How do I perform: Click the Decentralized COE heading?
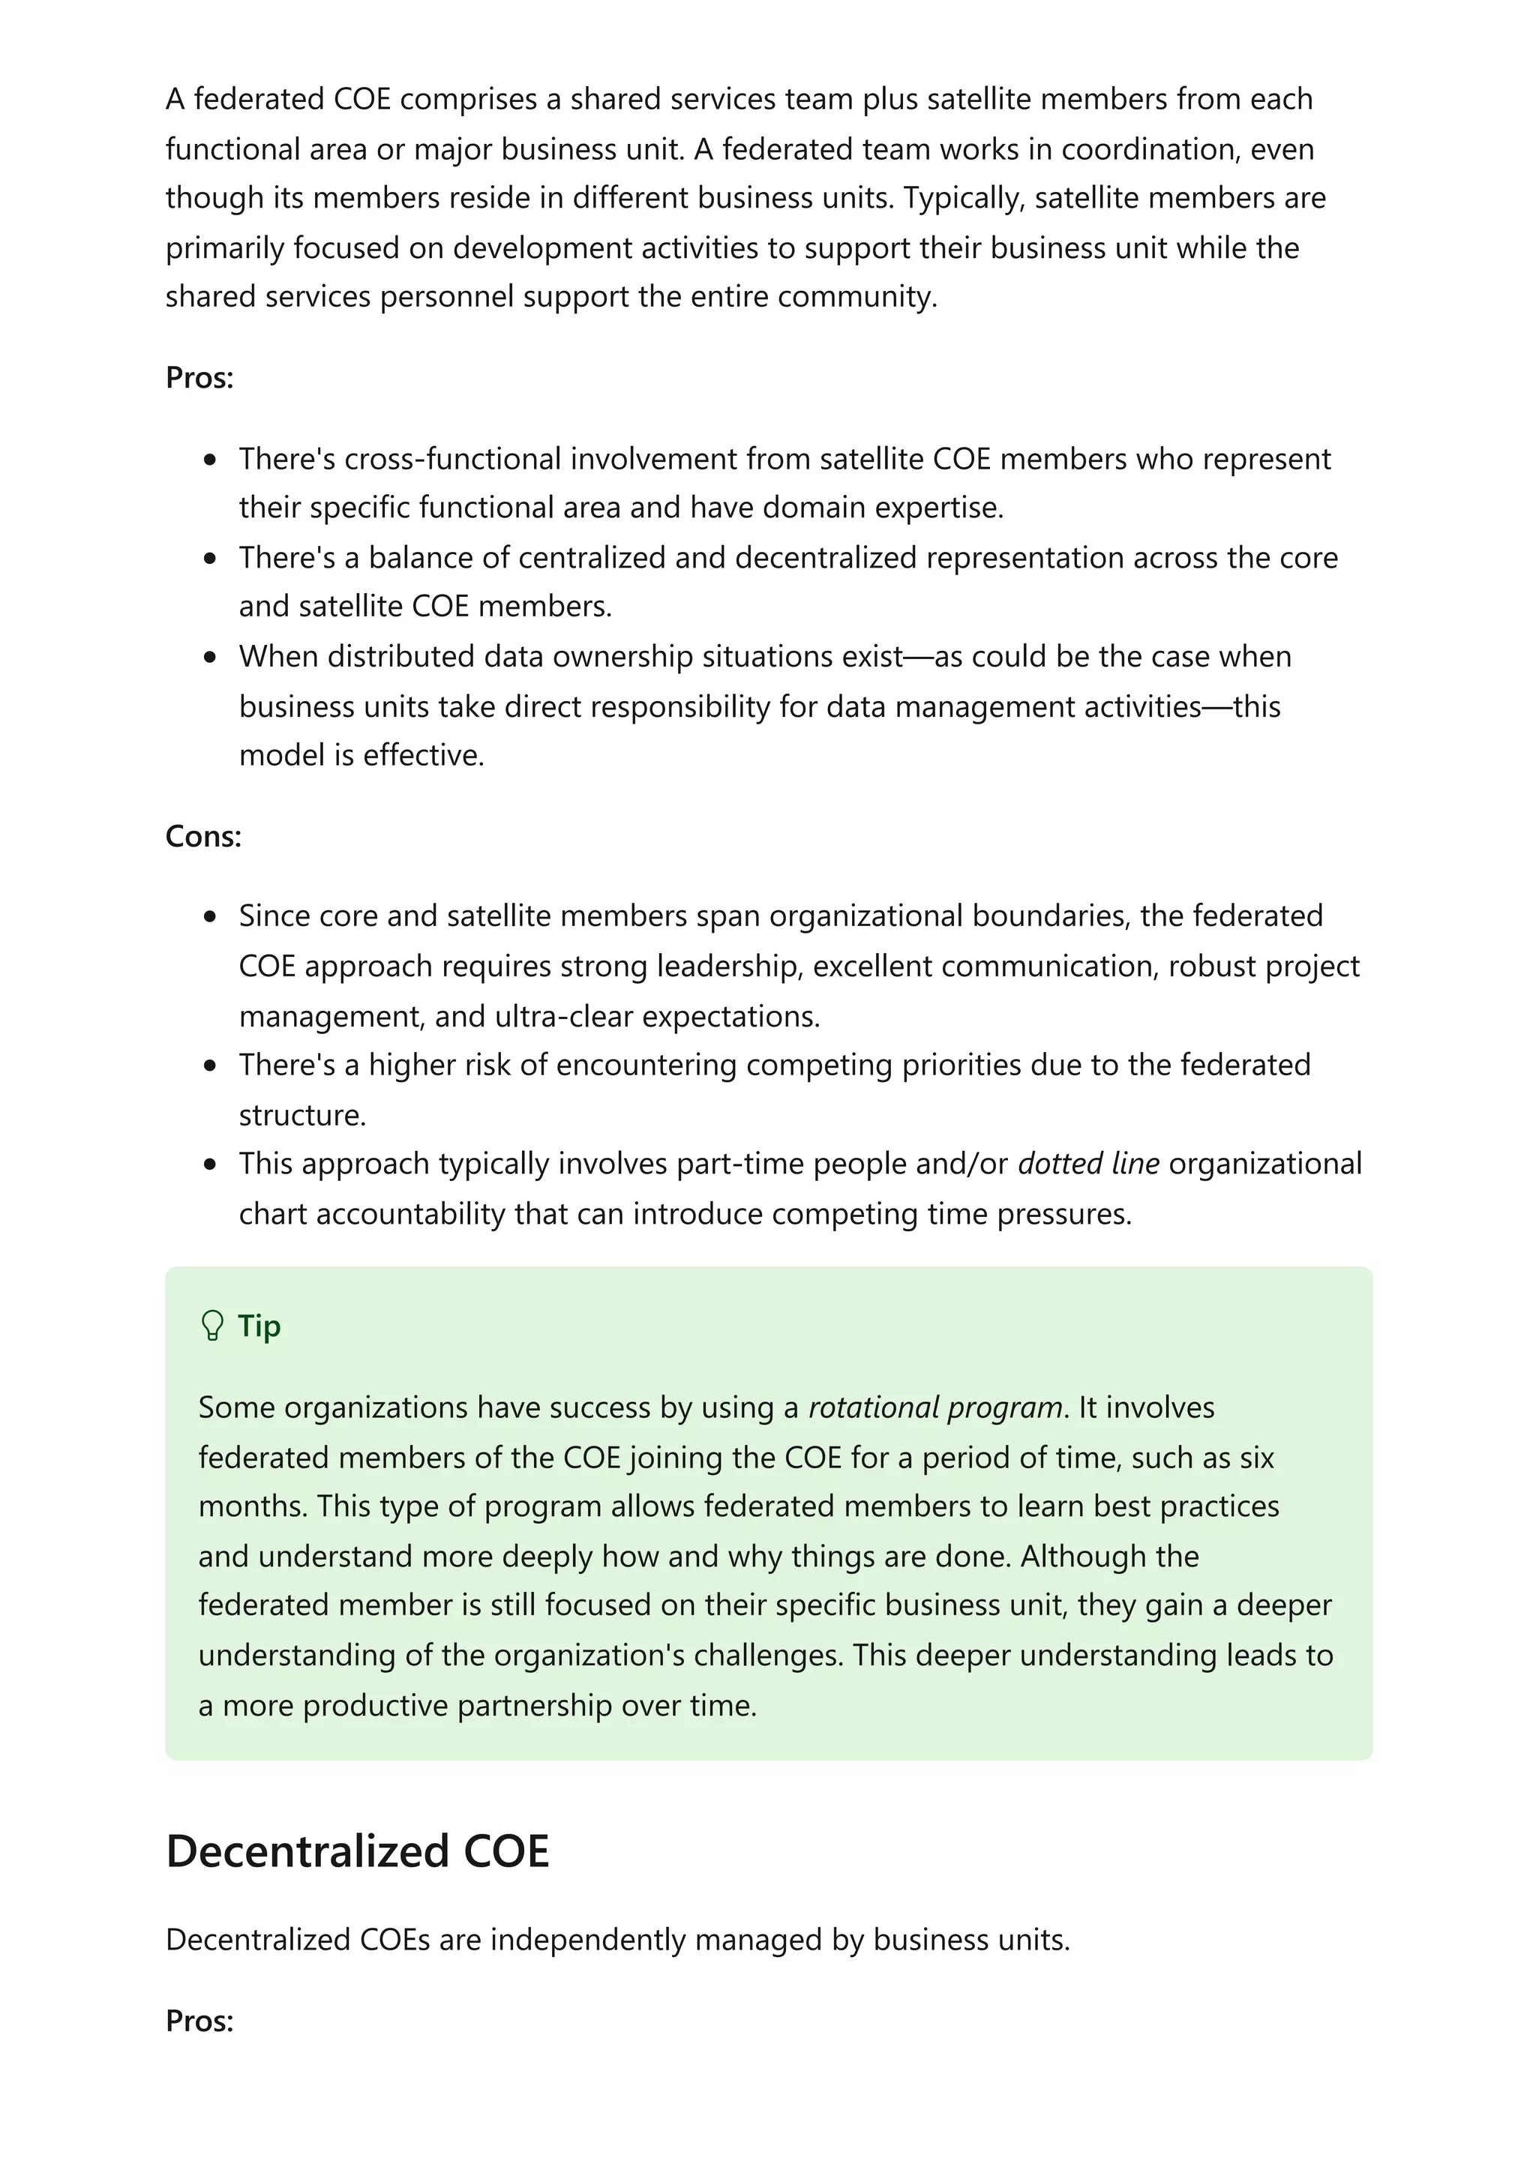click(357, 1851)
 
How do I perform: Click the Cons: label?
click(203, 836)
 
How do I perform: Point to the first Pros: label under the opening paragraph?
click(199, 378)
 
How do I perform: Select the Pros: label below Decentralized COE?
click(199, 2021)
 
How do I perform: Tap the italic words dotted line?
click(1087, 1163)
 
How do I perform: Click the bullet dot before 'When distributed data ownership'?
click(210, 657)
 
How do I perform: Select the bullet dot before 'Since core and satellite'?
click(210, 916)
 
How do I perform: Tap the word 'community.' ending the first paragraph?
click(856, 297)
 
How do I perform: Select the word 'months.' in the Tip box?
click(253, 1506)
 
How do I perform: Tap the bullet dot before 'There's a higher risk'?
click(210, 1066)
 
